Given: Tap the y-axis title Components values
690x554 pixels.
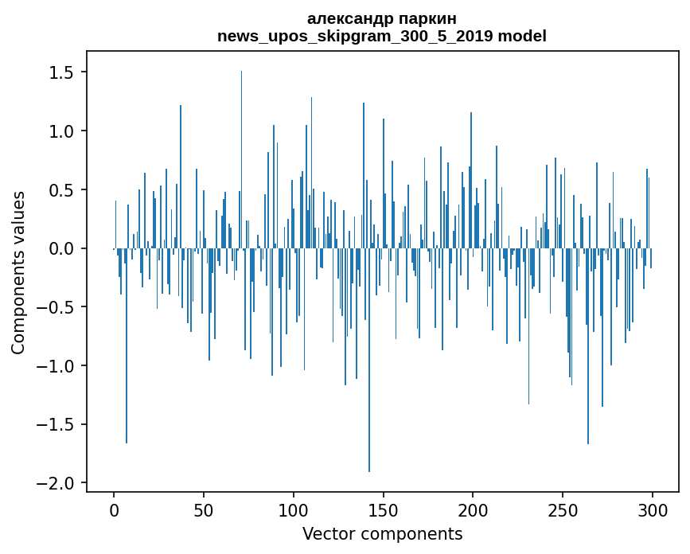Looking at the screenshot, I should pos(18,272).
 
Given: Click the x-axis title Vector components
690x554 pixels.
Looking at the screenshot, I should pos(382,534).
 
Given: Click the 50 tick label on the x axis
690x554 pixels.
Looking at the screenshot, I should pos(204,510).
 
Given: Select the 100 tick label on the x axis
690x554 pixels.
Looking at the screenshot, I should pos(294,510).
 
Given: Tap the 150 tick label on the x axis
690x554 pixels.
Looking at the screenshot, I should pos(384,510).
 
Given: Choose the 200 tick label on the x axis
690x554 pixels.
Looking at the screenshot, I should pos(473,510).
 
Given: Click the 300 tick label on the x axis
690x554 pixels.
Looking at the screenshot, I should pos(653,510).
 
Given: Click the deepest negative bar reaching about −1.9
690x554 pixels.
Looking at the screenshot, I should pos(369,398).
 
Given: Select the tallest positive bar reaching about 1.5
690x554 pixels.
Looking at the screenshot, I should pos(241,159).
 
